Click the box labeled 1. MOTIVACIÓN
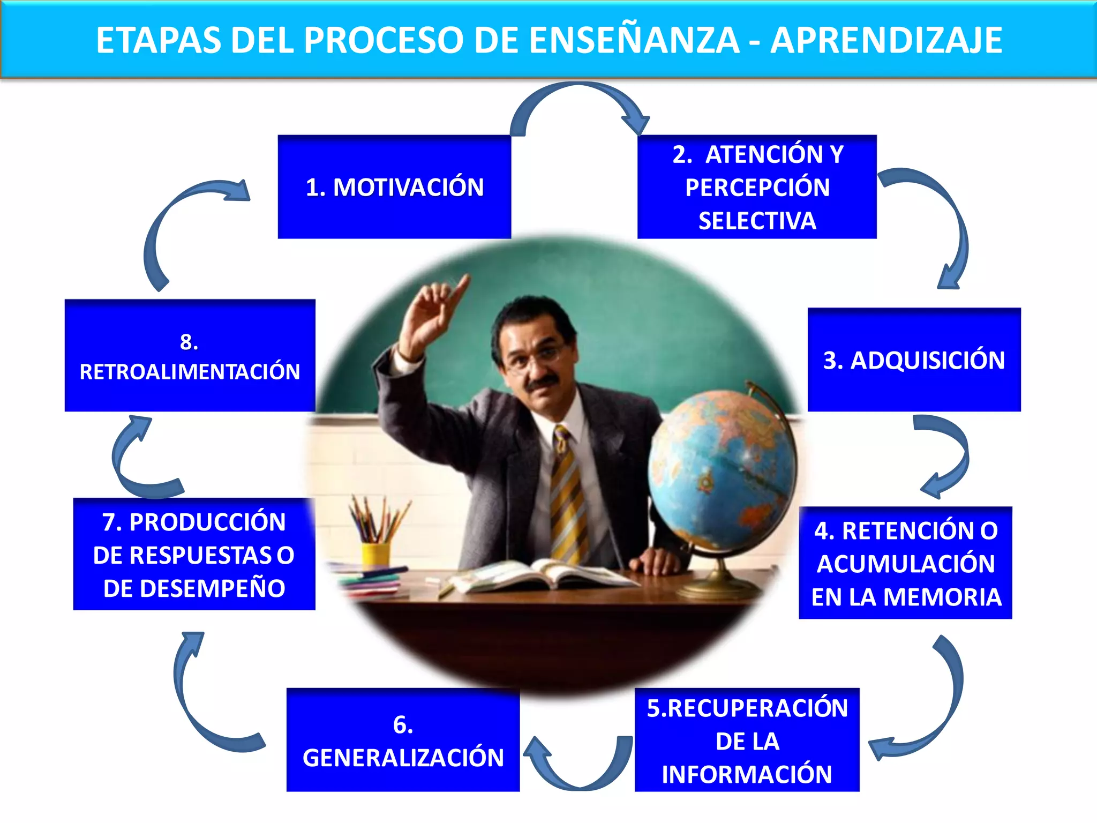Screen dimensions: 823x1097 pyautogui.click(x=394, y=187)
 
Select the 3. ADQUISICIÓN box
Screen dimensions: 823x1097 pyautogui.click(x=914, y=360)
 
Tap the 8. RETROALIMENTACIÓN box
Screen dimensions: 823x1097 pyautogui.click(x=190, y=356)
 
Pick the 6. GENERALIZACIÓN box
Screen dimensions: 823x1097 pyautogui.click(x=403, y=740)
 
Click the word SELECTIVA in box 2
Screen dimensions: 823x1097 pyautogui.click(x=757, y=221)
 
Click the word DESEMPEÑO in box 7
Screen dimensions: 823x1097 pyautogui.click(x=194, y=588)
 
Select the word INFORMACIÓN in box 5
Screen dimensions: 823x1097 pyautogui.click(x=747, y=774)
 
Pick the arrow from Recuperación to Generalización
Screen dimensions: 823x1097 pyautogui.click(x=578, y=766)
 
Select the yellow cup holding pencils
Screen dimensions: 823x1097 pyautogui.click(x=375, y=553)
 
